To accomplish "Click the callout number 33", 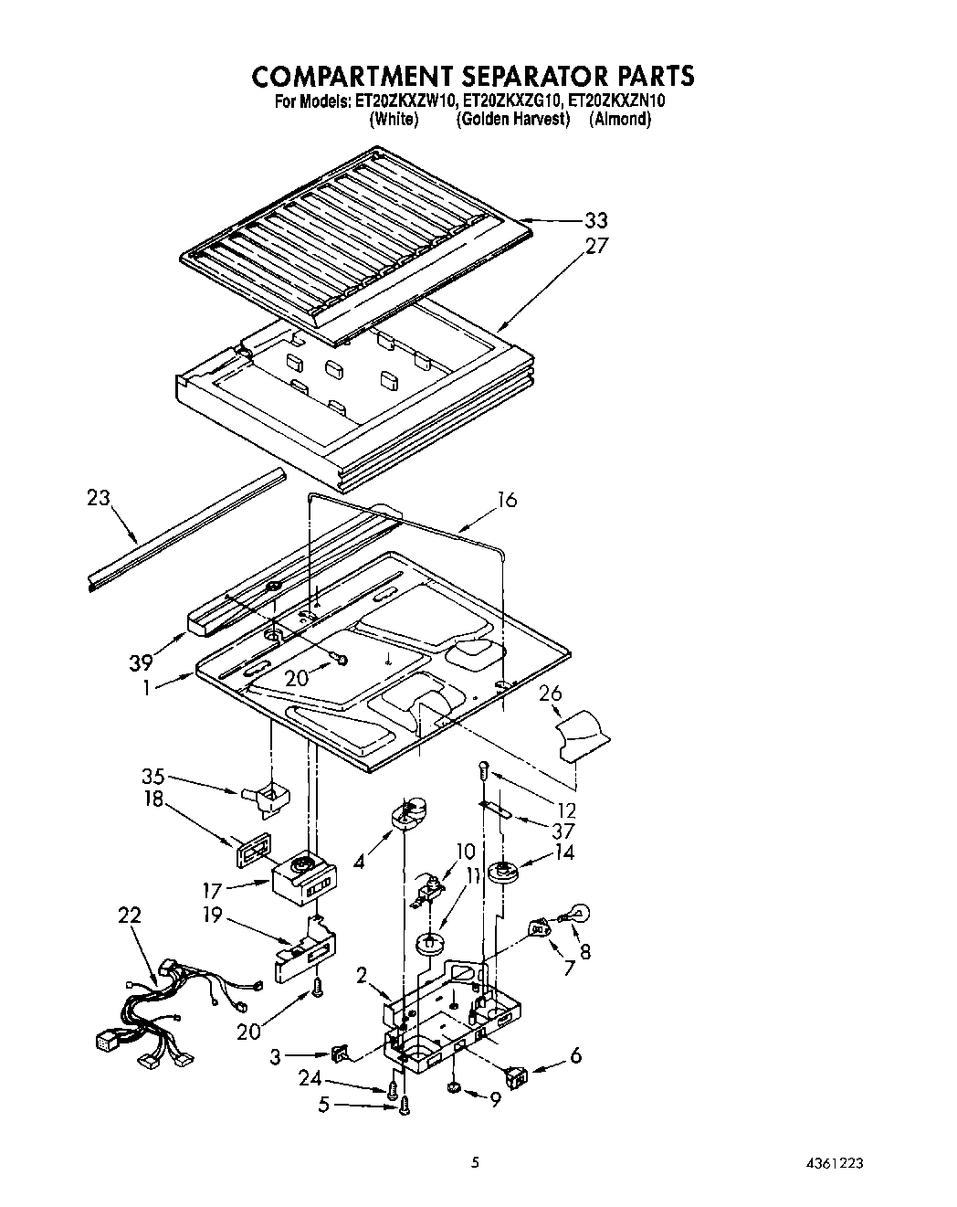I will (x=595, y=220).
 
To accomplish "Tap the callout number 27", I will (x=595, y=246).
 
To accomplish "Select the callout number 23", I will (x=99, y=498).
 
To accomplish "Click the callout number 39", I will (x=141, y=662).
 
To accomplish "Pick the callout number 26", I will (x=550, y=694).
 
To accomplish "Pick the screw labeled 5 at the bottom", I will (x=405, y=1106).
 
